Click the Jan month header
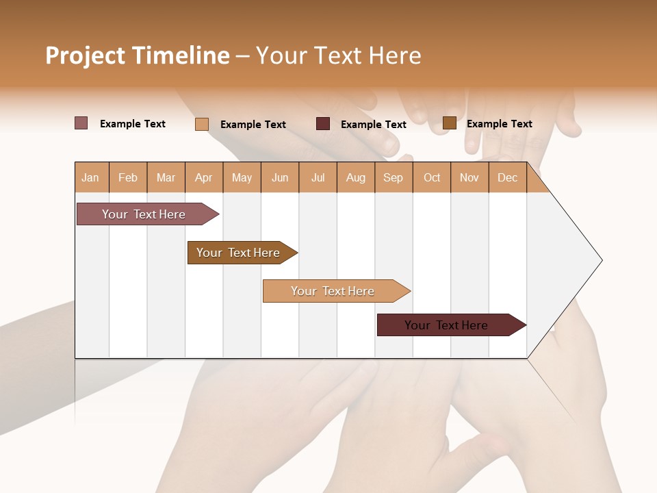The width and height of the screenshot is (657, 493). click(90, 178)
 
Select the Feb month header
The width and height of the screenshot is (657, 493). click(128, 178)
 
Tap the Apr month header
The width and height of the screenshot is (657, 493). click(203, 178)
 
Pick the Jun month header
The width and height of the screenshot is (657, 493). click(280, 178)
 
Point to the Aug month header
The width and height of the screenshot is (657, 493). click(355, 178)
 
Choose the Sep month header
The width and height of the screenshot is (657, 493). click(393, 178)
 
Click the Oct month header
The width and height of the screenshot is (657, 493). click(432, 178)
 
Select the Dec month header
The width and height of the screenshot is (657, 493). click(507, 178)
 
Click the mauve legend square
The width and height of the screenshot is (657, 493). click(81, 123)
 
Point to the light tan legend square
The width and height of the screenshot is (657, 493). click(202, 124)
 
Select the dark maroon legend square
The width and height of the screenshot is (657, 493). click(323, 124)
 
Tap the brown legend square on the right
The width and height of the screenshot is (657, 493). click(449, 123)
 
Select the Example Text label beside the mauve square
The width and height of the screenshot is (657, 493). click(133, 124)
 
